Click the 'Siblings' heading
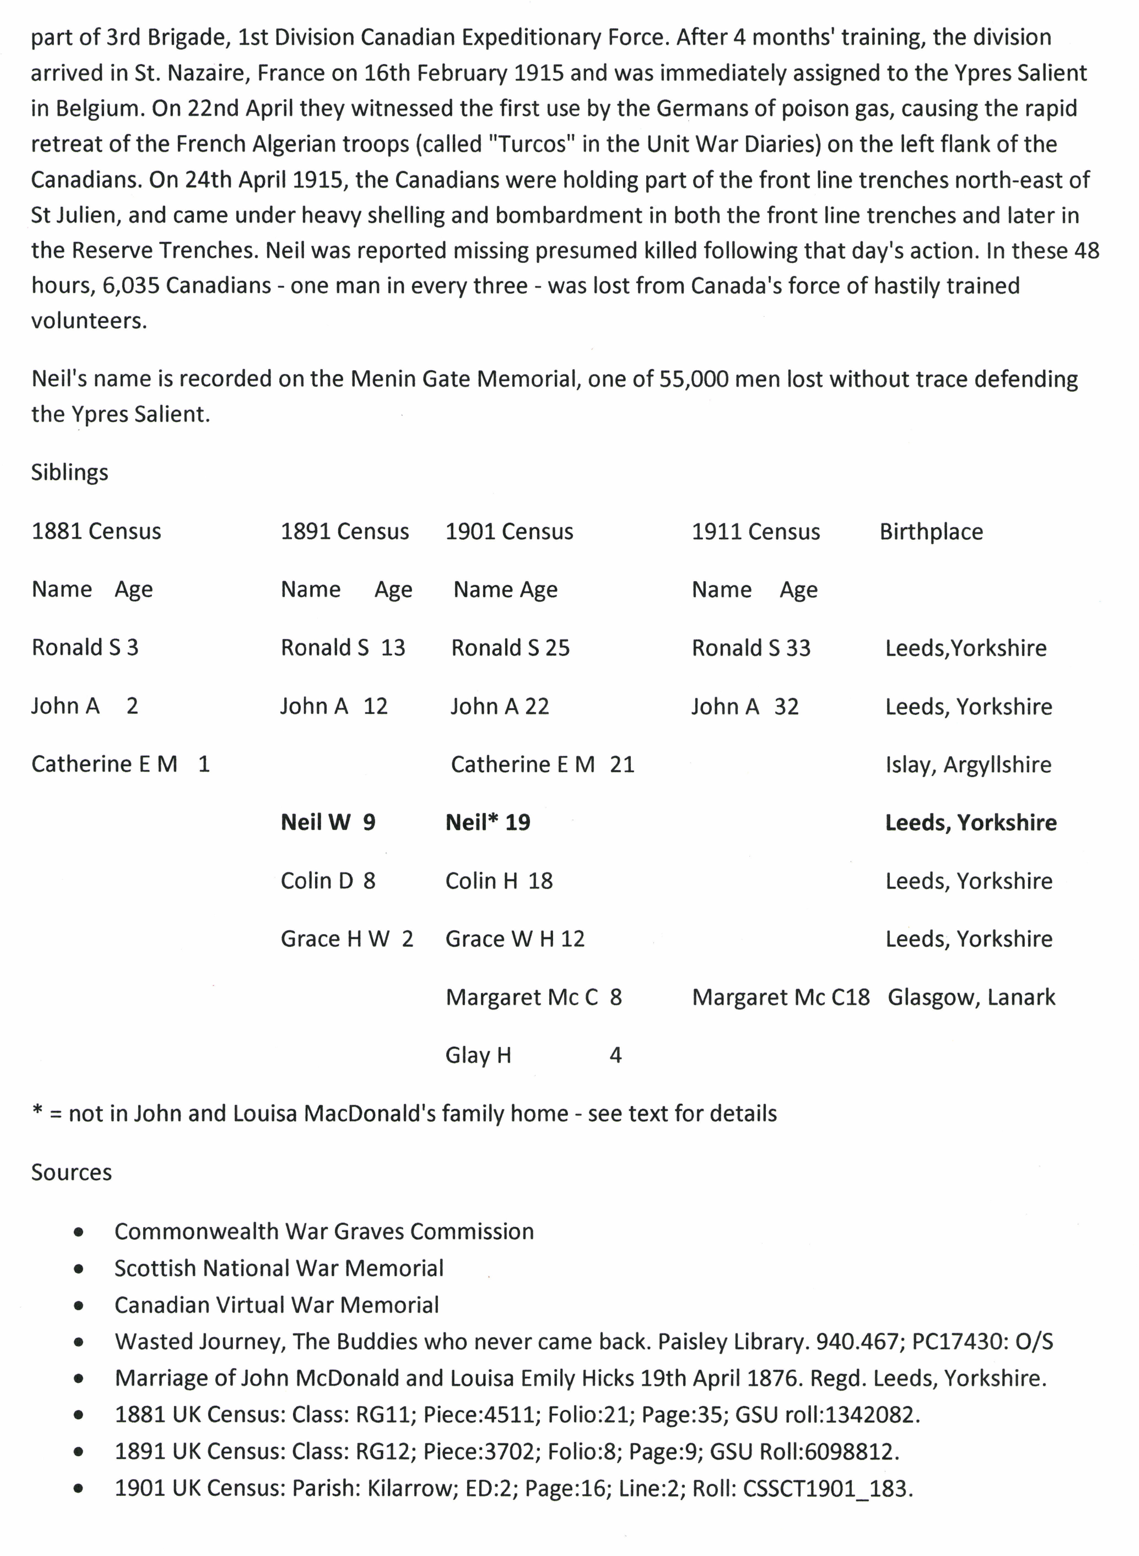tap(70, 473)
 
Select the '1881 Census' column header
tap(96, 531)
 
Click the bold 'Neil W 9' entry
tap(328, 822)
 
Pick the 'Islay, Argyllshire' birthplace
tap(968, 764)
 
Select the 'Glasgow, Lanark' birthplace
tap(971, 997)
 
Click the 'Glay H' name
tap(478, 1055)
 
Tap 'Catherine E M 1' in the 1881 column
tap(121, 764)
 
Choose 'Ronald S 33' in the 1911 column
tap(751, 648)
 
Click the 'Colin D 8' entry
tap(328, 881)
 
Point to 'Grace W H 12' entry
tap(514, 939)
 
